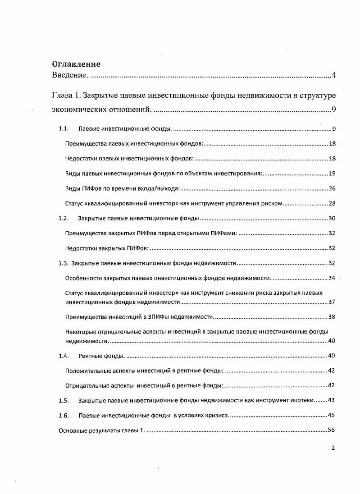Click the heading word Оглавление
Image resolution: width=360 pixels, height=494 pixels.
[x=76, y=64]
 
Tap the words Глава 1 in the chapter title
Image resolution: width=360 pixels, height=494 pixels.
[x=67, y=96]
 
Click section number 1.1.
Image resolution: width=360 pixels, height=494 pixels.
[x=63, y=129]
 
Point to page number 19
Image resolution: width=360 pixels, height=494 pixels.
[x=332, y=174]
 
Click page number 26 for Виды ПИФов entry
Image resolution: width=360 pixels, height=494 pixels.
[x=332, y=188]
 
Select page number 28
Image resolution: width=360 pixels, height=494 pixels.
[x=332, y=204]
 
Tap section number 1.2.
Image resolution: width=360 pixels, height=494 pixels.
[x=63, y=219]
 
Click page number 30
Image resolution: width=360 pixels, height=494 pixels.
[x=332, y=219]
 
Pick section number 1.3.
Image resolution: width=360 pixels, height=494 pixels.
[x=63, y=263]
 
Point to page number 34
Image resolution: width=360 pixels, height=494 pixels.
[x=332, y=278]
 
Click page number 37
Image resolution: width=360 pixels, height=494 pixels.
[x=332, y=302]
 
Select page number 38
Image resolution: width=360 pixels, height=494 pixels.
[x=332, y=316]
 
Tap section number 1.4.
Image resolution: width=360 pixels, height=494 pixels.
[x=63, y=356]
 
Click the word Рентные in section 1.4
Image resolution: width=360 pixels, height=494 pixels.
[x=91, y=356]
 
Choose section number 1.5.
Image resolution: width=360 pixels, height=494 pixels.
[x=63, y=400]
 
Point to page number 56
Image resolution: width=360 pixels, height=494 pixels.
[x=332, y=430]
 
